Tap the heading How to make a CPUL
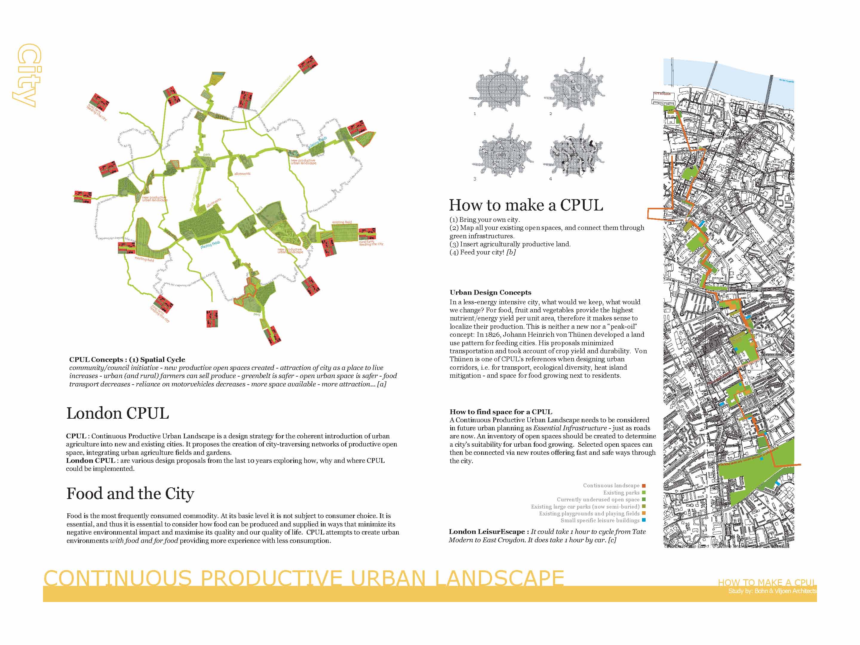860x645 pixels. pos(526,205)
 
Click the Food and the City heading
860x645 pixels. pos(130,494)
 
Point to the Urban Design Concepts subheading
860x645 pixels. pos(490,292)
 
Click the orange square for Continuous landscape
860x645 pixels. pos(644,486)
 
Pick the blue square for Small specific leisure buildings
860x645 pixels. pos(644,520)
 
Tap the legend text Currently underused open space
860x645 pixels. pos(598,500)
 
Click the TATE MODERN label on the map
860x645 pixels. pos(662,94)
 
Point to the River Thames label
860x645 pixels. pos(786,81)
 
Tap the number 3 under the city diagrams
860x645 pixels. pos(475,179)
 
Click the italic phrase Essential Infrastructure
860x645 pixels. pos(570,428)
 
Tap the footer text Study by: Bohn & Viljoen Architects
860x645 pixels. pos(772,591)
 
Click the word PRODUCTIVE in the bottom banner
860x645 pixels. pos(271,578)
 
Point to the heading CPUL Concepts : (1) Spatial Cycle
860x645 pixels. pos(127,360)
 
